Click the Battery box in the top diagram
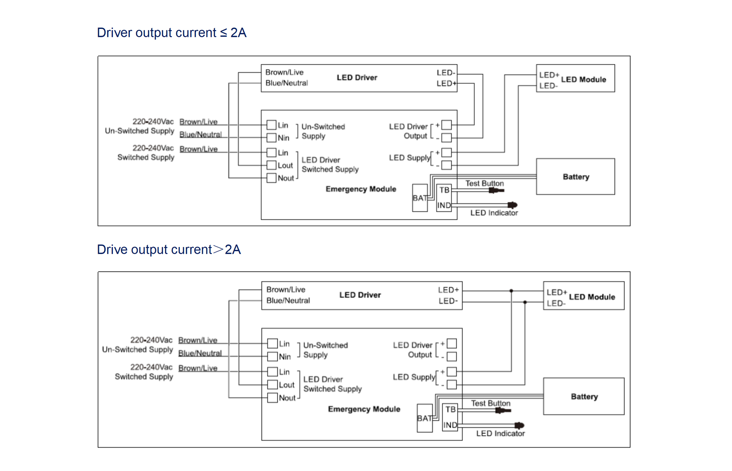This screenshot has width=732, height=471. (575, 176)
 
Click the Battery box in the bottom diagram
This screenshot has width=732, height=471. (584, 396)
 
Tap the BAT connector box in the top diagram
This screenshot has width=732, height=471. (420, 198)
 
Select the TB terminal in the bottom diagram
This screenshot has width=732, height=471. (450, 409)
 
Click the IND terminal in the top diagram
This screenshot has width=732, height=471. (444, 205)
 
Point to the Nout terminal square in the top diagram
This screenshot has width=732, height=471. (272, 178)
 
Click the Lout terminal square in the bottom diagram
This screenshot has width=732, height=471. (273, 385)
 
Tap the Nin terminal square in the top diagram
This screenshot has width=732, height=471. (272, 138)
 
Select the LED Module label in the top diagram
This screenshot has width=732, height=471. (583, 79)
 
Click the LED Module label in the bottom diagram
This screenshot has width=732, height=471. (592, 297)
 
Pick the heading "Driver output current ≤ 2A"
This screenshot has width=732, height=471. (171, 33)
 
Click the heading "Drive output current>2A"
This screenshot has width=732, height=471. (169, 250)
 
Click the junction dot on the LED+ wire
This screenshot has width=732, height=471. (511, 291)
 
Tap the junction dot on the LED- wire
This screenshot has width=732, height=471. (525, 302)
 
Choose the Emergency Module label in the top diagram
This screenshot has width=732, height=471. (361, 189)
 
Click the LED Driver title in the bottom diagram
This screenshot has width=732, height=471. (360, 295)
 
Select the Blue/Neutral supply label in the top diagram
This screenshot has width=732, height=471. (200, 134)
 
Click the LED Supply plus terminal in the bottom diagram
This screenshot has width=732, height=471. (452, 372)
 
